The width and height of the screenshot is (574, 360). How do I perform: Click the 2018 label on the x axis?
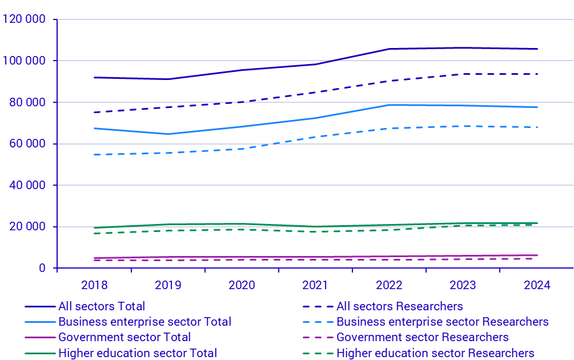point(94,285)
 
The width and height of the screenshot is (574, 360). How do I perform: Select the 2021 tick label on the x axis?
point(315,285)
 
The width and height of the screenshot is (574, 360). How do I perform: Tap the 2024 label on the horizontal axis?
point(536,285)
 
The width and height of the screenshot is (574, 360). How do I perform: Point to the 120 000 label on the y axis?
point(24,19)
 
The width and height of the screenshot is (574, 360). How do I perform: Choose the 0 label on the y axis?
point(42,268)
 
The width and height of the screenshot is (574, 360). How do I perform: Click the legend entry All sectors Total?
point(102,307)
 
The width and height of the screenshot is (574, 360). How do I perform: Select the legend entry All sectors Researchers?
point(399,307)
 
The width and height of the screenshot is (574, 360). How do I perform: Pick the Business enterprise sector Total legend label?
point(144,322)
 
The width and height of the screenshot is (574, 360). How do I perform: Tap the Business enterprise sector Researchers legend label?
point(442,322)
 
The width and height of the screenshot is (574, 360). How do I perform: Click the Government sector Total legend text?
point(125,338)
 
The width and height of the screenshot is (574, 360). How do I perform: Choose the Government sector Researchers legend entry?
point(422,338)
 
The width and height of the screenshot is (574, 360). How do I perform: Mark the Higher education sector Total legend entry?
point(137,353)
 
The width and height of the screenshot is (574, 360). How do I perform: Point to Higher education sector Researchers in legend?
point(435,353)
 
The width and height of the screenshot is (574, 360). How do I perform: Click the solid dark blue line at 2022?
point(389,49)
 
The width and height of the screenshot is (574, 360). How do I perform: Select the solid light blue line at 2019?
point(168,134)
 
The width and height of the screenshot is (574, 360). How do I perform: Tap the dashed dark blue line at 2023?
point(463,74)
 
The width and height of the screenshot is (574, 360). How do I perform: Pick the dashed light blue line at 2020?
point(242,149)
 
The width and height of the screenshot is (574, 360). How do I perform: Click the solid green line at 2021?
point(315,227)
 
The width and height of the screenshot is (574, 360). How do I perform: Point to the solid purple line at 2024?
point(536,255)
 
